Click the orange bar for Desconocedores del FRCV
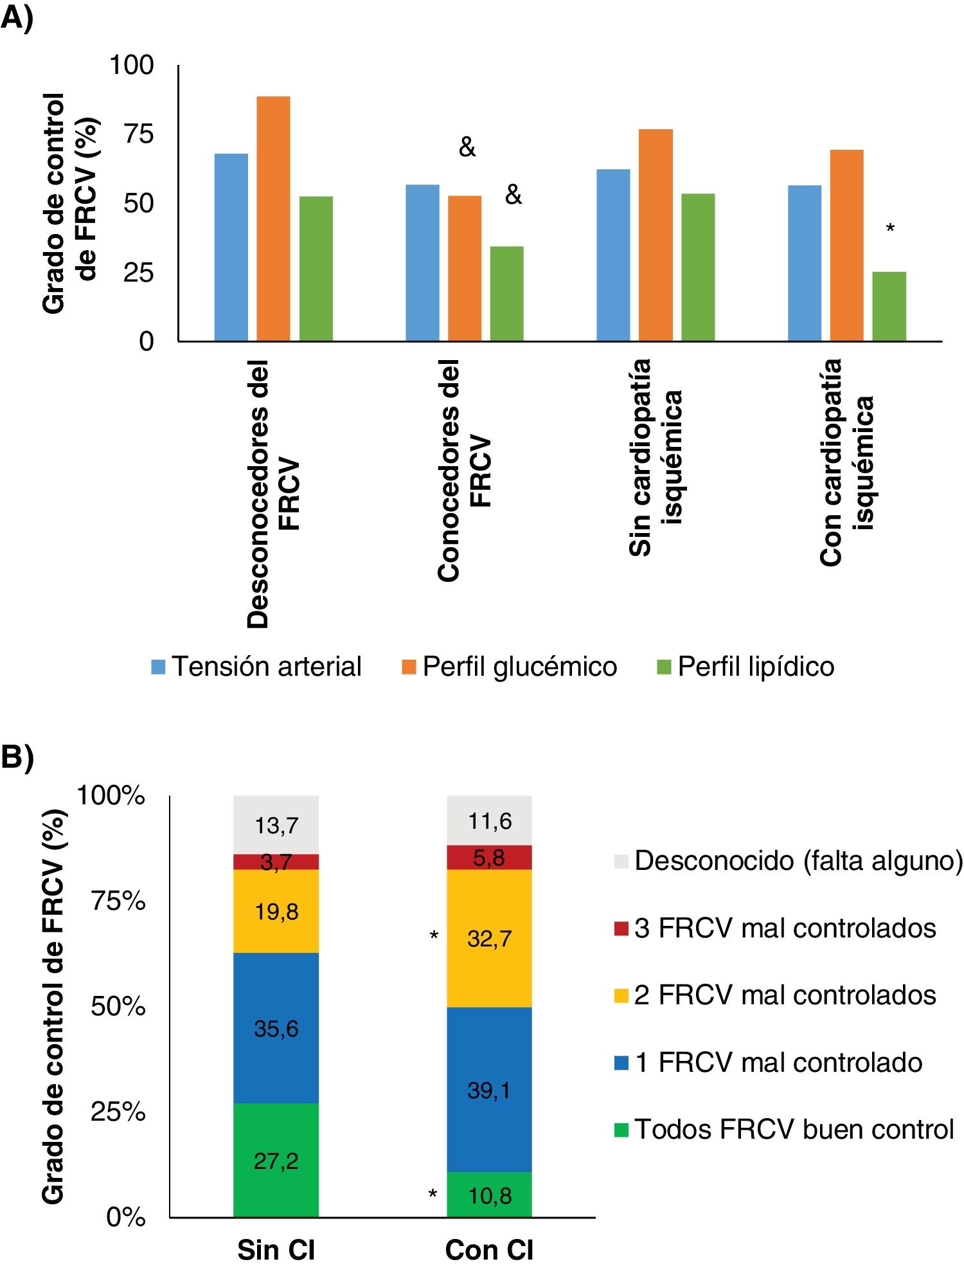point(273,219)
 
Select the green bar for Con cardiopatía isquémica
point(889,306)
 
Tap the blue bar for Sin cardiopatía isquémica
point(613,255)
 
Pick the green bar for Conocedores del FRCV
point(506,293)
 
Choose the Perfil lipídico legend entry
point(745,666)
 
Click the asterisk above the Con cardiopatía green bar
point(890,228)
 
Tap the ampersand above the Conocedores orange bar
point(467,148)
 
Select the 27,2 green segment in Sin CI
point(276,1161)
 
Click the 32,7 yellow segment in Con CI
point(489,938)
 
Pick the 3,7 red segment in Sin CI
point(276,862)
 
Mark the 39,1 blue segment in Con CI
point(489,1090)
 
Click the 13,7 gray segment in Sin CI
point(276,825)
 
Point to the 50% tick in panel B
point(118,1006)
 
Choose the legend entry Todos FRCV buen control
point(784,1130)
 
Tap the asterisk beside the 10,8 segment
point(433,1194)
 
